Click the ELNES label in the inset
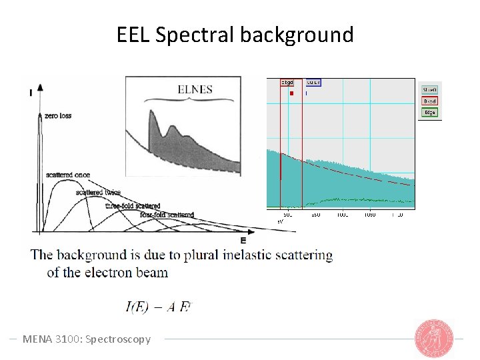pos(195,89)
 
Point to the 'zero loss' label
pos(58,116)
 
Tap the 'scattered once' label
pos(68,175)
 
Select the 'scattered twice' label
pos(98,193)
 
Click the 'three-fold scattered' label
pos(133,206)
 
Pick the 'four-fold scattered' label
pos(167,215)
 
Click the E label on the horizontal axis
pos(243,240)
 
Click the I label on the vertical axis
pos(31,93)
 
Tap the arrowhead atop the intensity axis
pos(40,87)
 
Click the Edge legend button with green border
pos(430,113)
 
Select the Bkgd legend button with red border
pos(430,101)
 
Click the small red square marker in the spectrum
pos(291,93)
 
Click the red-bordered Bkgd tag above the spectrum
pos(287,83)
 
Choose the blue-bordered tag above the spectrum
pos(313,83)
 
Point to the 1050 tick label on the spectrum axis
pos(369,215)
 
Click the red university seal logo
pos(434,338)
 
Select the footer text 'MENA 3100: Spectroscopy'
pos(87,339)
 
